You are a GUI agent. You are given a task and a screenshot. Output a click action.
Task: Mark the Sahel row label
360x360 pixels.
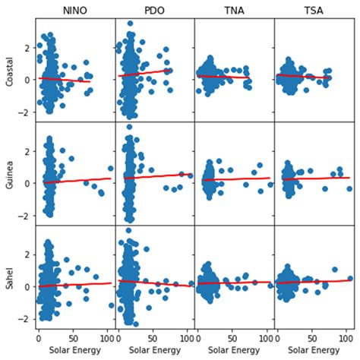[10, 276]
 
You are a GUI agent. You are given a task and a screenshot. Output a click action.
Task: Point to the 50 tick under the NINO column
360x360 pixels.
[73, 336]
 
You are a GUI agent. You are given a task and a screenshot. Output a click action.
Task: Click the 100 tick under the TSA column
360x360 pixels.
[346, 336]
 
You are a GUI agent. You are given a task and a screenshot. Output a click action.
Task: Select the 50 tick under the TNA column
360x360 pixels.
[232, 336]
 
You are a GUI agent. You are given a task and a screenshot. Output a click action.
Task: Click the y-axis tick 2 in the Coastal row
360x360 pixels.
[27, 48]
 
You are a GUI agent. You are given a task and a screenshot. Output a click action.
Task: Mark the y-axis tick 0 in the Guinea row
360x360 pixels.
[27, 183]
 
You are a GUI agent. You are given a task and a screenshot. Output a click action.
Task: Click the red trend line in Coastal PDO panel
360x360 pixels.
[152, 72]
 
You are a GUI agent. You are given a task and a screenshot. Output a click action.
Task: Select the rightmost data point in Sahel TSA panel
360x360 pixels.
[349, 278]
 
